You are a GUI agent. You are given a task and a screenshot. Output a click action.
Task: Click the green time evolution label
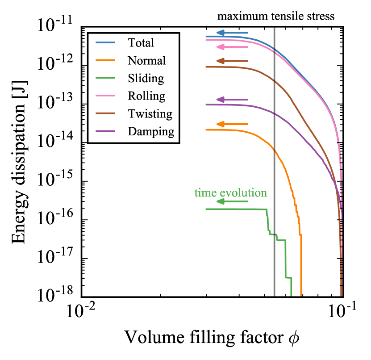(x=230, y=193)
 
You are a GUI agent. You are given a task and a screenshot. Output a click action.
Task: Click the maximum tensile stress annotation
(x=275, y=17)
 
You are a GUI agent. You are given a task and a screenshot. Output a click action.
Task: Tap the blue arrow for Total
(x=232, y=33)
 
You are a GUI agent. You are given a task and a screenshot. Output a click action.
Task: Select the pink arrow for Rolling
(x=232, y=46)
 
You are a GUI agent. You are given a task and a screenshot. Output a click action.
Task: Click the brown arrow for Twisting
(x=232, y=61)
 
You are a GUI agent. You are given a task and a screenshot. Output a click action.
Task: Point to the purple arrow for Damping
(x=232, y=99)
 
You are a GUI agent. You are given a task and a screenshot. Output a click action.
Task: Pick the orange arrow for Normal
(x=232, y=124)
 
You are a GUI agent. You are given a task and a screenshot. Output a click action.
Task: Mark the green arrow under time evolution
(x=232, y=201)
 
